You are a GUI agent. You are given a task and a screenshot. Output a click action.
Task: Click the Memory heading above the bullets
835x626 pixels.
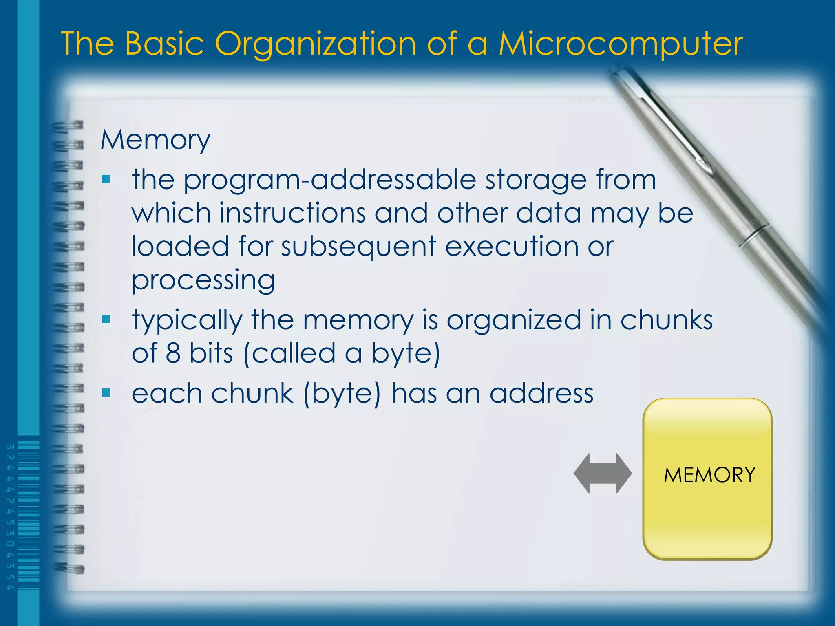pyautogui.click(x=155, y=140)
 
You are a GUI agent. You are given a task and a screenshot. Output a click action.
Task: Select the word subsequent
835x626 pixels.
pyautogui.click(x=359, y=247)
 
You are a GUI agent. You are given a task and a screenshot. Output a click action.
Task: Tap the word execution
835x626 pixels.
pyautogui.click(x=512, y=246)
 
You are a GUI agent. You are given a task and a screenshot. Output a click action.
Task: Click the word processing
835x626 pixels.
pyautogui.click(x=203, y=281)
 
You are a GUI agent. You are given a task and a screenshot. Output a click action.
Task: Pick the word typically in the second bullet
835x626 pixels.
pyautogui.click(x=187, y=320)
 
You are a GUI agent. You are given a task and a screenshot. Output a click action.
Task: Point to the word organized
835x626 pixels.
pyautogui.click(x=514, y=320)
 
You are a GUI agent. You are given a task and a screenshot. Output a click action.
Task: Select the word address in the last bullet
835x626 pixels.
pyautogui.click(x=541, y=394)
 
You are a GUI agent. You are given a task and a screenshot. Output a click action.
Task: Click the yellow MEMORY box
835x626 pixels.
pyautogui.click(x=708, y=478)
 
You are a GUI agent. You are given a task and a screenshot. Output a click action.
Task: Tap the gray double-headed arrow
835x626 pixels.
pyautogui.click(x=603, y=473)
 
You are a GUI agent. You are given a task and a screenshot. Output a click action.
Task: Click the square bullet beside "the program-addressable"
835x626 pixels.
pyautogui.click(x=106, y=179)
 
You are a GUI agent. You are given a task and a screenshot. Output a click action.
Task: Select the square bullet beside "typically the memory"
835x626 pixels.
pyautogui.click(x=106, y=319)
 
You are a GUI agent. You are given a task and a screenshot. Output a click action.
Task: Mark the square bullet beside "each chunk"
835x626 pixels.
pyautogui.click(x=106, y=392)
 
